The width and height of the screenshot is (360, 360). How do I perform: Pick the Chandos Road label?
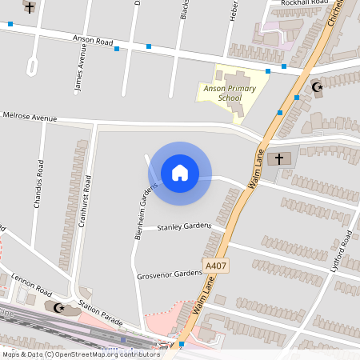pos(38,183)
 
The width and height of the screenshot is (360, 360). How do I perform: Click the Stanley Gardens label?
pos(184,227)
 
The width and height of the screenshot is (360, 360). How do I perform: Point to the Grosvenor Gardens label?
pos(170,274)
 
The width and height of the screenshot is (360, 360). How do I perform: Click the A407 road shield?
pos(215,266)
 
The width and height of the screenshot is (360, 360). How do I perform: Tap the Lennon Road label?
pos(31,284)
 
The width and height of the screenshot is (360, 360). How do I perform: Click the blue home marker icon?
pos(180,172)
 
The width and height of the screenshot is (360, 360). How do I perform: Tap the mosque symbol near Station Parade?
pos(58,306)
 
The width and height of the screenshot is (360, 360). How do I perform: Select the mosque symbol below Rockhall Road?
pos(316,86)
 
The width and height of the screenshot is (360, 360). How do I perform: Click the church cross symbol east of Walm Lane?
pos(279,158)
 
